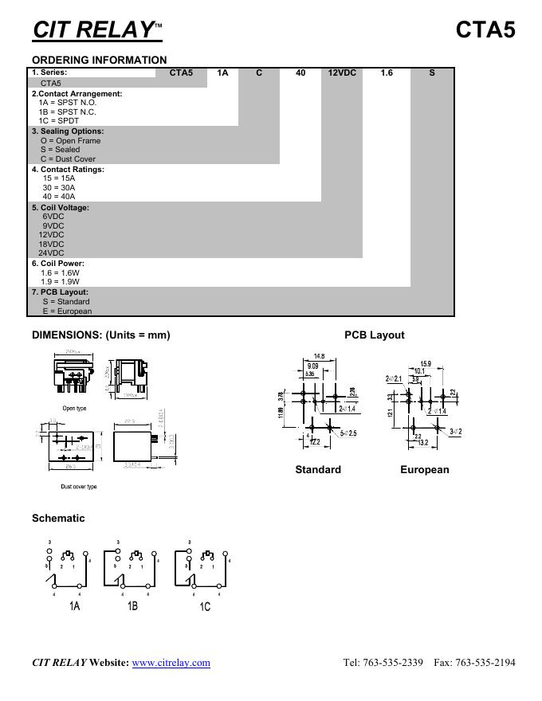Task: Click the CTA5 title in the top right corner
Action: coord(485,29)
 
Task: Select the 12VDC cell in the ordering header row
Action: coord(342,72)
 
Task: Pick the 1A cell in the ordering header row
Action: coord(222,72)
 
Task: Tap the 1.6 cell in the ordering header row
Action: coord(387,72)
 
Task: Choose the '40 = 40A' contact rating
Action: coord(59,197)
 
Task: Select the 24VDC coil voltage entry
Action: coord(51,253)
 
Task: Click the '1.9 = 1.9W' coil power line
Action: coord(61,282)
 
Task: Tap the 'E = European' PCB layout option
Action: coord(67,311)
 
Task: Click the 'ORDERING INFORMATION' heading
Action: coord(100,60)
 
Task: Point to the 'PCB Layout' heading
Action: coord(374,335)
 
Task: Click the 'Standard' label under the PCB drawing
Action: coord(318,470)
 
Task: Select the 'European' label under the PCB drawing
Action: coord(424,470)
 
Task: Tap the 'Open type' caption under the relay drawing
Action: coord(74,409)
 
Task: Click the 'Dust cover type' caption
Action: coord(79,487)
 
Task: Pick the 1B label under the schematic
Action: coord(132,606)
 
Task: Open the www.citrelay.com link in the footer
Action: coord(171,663)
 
